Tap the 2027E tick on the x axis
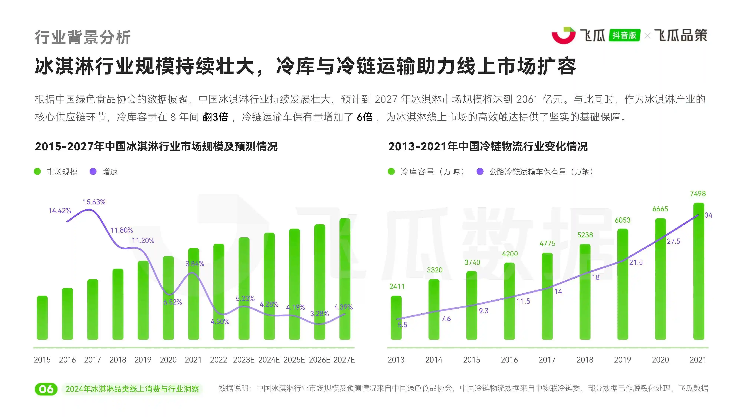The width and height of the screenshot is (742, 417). [344, 360]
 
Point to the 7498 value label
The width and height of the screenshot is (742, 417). [698, 194]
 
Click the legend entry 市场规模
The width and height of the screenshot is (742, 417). [62, 172]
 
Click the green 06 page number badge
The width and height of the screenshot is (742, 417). [46, 389]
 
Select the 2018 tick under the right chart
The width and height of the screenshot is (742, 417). [585, 360]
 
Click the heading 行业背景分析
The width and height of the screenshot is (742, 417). [83, 37]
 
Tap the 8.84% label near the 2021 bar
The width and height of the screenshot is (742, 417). [195, 264]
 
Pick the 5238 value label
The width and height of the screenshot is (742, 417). [585, 235]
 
